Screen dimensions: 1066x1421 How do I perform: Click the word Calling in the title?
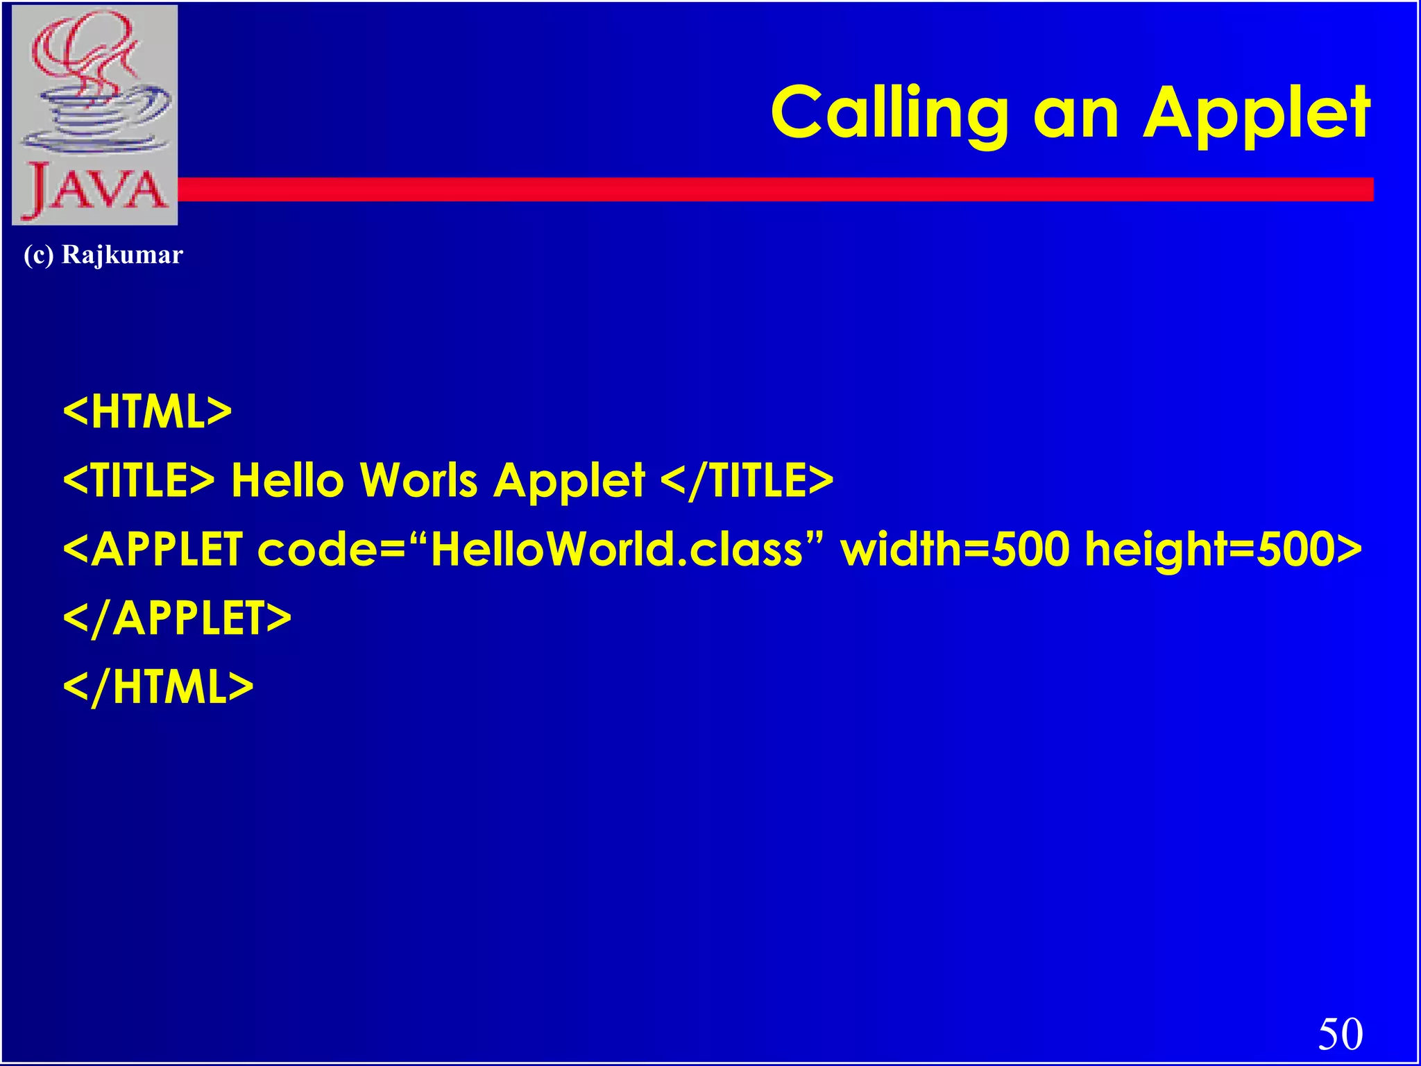[x=890, y=113]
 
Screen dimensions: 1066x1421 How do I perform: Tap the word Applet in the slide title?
[x=1256, y=113]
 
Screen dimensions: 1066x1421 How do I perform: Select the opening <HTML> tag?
[x=147, y=412]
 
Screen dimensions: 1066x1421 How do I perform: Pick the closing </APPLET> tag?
[x=177, y=618]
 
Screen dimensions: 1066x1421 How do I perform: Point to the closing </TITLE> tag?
[x=747, y=480]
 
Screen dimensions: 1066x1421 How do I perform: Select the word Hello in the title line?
[x=287, y=480]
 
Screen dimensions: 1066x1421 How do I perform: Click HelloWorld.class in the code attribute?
[x=616, y=549]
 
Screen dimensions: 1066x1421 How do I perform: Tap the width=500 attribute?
[x=955, y=549]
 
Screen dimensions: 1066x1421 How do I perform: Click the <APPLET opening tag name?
[x=153, y=549]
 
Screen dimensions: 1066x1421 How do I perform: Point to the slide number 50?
[x=1340, y=1034]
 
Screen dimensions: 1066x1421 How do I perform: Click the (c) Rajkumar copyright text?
[x=103, y=255]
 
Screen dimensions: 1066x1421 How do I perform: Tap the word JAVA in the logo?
[x=96, y=190]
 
